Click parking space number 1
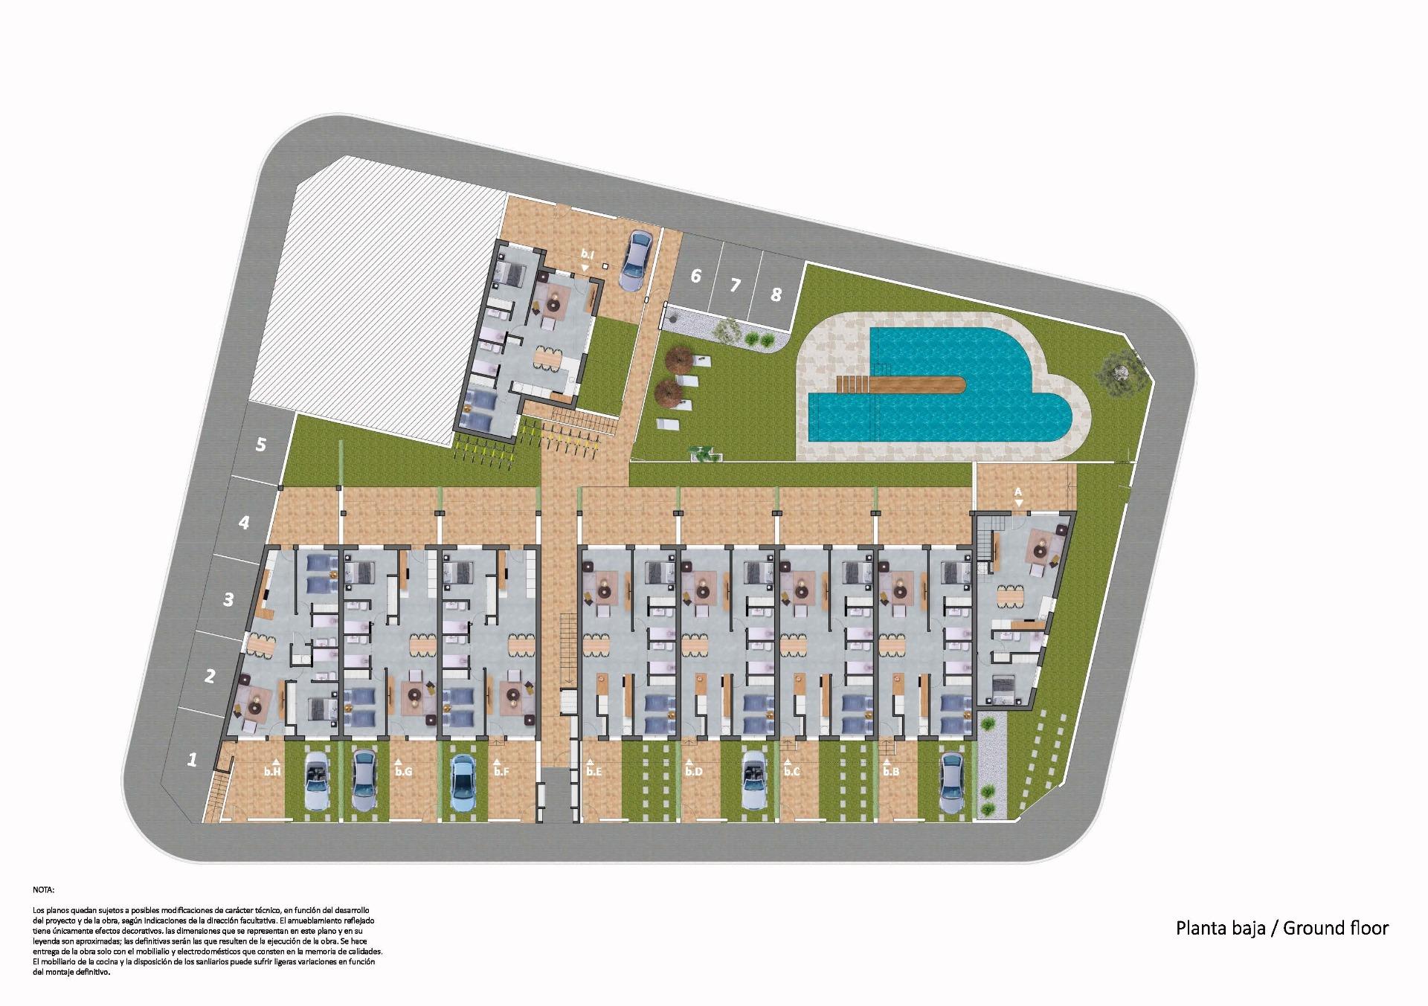[x=193, y=760]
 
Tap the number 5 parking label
[x=260, y=444]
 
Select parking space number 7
[x=736, y=285]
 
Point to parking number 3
[x=228, y=599]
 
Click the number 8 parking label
[x=776, y=294]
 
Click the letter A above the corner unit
[x=1018, y=491]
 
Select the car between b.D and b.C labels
[x=753, y=780]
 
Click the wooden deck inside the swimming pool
[x=901, y=384]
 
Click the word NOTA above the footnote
[x=44, y=889]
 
